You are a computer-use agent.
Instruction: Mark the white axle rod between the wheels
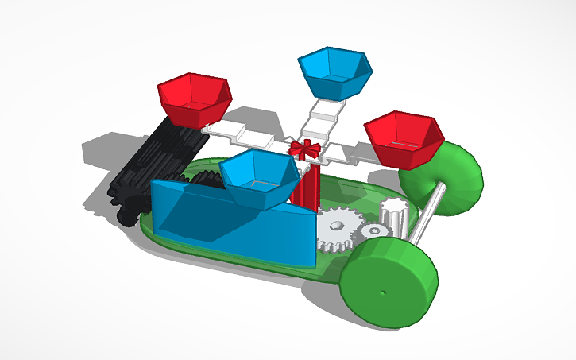tap(424, 220)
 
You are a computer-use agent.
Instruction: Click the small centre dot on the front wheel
tap(384, 291)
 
